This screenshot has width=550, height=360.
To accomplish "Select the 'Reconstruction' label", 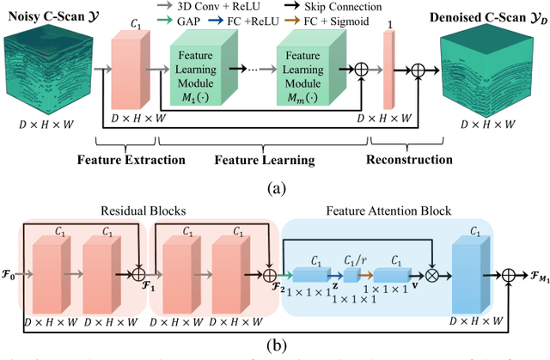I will point(409,160).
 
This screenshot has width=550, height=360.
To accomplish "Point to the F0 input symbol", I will point(10,279).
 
